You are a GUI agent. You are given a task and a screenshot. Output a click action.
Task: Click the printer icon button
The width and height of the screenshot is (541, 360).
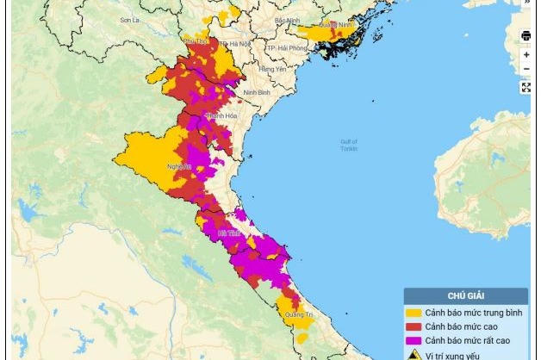pyautogui.click(x=526, y=36)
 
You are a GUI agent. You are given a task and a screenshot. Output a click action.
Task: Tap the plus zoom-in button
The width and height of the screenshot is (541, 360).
pyautogui.click(x=526, y=54)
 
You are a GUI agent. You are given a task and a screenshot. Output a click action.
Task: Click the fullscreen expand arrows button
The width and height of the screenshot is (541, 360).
pyautogui.click(x=526, y=88)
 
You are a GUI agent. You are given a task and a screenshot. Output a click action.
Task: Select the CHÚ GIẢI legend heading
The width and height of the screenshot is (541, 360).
pyautogui.click(x=465, y=296)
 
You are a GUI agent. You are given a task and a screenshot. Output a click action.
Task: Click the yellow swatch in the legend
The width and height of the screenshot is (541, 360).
pyautogui.click(x=414, y=313)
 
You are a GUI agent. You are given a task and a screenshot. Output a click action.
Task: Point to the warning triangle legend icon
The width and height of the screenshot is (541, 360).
pyautogui.click(x=414, y=354)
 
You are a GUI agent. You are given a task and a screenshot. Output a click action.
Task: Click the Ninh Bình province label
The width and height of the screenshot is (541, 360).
pyautogui.click(x=258, y=91)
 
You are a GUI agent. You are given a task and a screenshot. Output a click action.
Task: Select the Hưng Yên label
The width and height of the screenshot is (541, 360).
pyautogui.click(x=272, y=69)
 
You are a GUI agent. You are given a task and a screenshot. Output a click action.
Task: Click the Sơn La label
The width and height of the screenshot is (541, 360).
pyautogui.click(x=129, y=19)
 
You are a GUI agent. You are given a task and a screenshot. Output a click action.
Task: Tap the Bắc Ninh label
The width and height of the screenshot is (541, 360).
pyautogui.click(x=286, y=20)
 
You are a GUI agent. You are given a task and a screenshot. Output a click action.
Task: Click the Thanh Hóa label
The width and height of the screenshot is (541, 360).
pyautogui.click(x=221, y=115)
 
